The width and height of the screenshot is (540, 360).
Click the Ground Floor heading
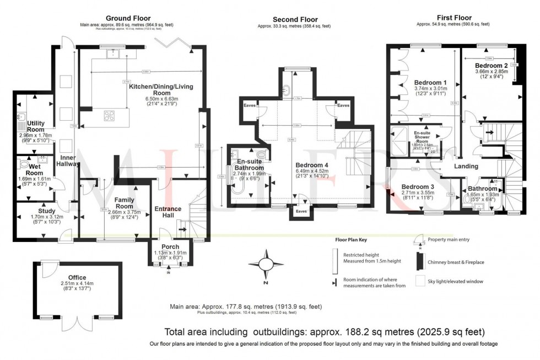(128, 18)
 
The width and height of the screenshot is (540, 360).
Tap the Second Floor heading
(294, 18)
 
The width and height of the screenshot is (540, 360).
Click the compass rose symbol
(266, 265)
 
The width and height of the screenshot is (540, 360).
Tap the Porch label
(170, 246)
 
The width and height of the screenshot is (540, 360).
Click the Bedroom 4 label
(312, 165)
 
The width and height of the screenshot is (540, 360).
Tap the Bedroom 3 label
(417, 187)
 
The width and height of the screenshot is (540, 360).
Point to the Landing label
(466, 166)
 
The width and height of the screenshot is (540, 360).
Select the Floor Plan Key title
(351, 240)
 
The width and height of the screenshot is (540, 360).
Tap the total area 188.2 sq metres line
(325, 332)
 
